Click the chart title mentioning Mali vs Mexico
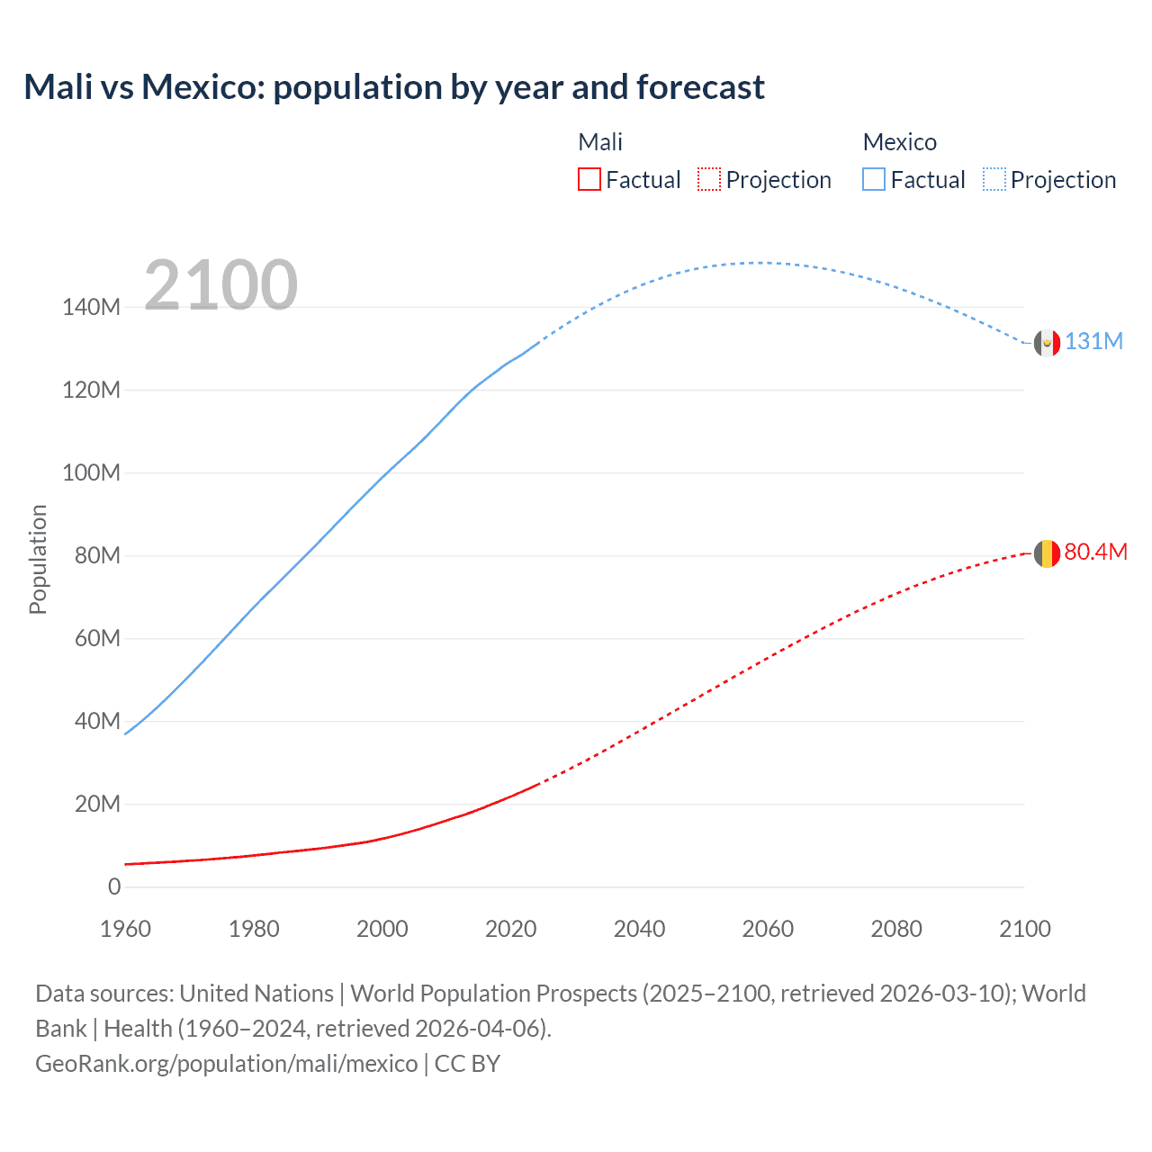point(394,87)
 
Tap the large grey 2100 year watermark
point(220,285)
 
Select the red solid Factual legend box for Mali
point(589,180)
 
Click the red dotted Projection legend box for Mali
point(709,180)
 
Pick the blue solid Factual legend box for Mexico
point(874,180)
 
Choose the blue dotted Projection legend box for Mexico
point(994,180)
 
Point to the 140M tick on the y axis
point(91,308)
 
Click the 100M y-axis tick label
point(91,473)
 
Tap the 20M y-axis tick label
point(97,805)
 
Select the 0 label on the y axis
point(114,887)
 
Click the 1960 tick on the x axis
point(125,929)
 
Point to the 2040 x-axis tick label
point(639,929)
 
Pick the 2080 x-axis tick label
point(896,929)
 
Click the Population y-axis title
point(38,559)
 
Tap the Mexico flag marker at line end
point(1047,343)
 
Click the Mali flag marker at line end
point(1047,553)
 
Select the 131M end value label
point(1094,342)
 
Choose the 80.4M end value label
point(1095,553)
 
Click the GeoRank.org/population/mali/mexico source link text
point(226,1064)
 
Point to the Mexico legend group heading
point(899,142)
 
